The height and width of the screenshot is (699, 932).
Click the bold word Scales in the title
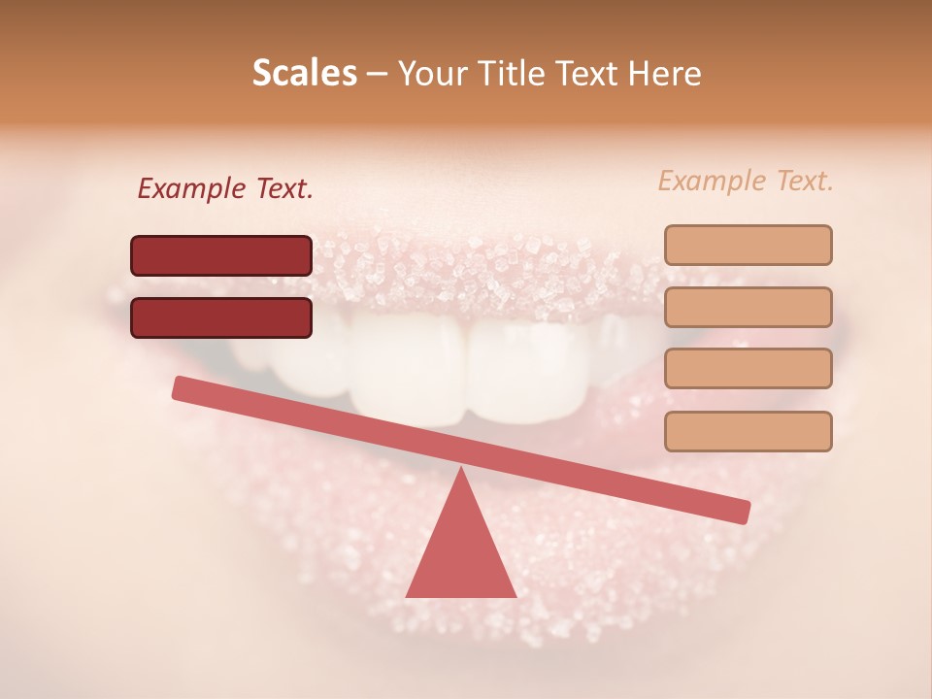coord(305,73)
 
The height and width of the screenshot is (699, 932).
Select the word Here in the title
coord(665,73)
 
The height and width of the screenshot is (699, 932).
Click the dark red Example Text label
coord(225,189)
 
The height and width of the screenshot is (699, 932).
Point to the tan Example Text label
coord(746,181)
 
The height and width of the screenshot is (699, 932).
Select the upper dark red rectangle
coord(221,255)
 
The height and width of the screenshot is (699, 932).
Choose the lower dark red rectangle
coord(221,317)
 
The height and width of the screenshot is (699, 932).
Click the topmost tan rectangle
coord(748,245)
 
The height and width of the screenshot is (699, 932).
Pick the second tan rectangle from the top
coord(748,307)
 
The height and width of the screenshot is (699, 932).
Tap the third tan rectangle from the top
coord(748,369)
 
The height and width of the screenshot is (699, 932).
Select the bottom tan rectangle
coord(748,431)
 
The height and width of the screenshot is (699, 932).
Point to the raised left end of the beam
coord(181,387)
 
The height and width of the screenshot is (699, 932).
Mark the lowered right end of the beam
coord(742,511)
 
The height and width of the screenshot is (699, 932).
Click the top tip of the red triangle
coord(460,469)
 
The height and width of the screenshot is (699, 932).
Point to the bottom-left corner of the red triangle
coord(407,596)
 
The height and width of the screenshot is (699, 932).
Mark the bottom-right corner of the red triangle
coord(516,596)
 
